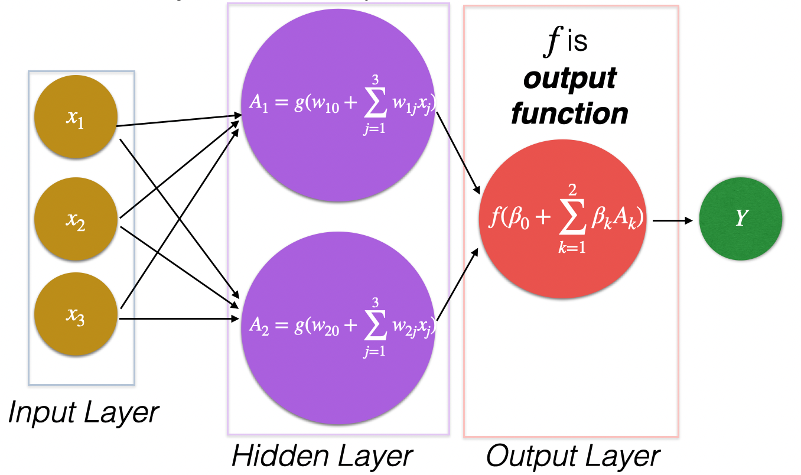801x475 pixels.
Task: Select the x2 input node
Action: [x=76, y=220]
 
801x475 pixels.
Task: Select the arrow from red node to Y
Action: [x=673, y=221]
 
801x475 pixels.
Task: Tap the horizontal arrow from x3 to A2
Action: [x=177, y=320]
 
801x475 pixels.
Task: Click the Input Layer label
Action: [x=83, y=412]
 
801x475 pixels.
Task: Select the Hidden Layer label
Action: [x=321, y=456]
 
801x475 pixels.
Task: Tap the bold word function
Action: [x=569, y=113]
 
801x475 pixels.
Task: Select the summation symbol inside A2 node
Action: [x=375, y=327]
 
